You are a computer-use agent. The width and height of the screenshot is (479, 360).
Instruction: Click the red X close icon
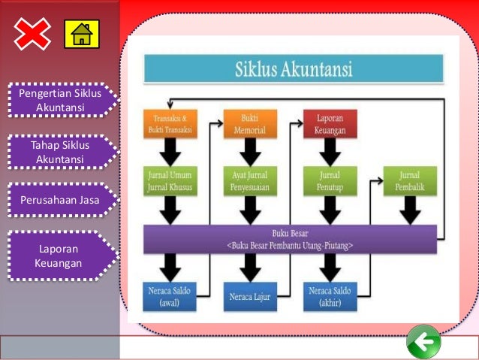click(32, 34)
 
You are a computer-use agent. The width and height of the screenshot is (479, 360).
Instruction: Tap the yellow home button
click(81, 34)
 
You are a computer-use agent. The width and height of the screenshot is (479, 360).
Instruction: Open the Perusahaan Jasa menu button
click(59, 201)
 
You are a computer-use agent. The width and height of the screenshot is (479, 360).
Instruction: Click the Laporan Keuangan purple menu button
click(59, 256)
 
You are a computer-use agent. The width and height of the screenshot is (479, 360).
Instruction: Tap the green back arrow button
click(424, 343)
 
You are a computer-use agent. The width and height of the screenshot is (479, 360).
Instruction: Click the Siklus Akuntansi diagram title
click(294, 69)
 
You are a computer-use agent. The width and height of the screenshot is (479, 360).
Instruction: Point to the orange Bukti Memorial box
click(250, 124)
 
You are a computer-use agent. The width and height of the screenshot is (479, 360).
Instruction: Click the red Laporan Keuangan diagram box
click(330, 124)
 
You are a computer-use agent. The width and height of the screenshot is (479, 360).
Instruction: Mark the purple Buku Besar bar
click(290, 239)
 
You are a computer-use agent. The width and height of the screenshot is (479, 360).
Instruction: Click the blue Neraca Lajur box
click(250, 297)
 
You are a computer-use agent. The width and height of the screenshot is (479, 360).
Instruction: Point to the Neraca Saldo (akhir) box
click(330, 296)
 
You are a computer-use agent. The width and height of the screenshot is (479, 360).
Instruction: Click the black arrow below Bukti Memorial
click(250, 153)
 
